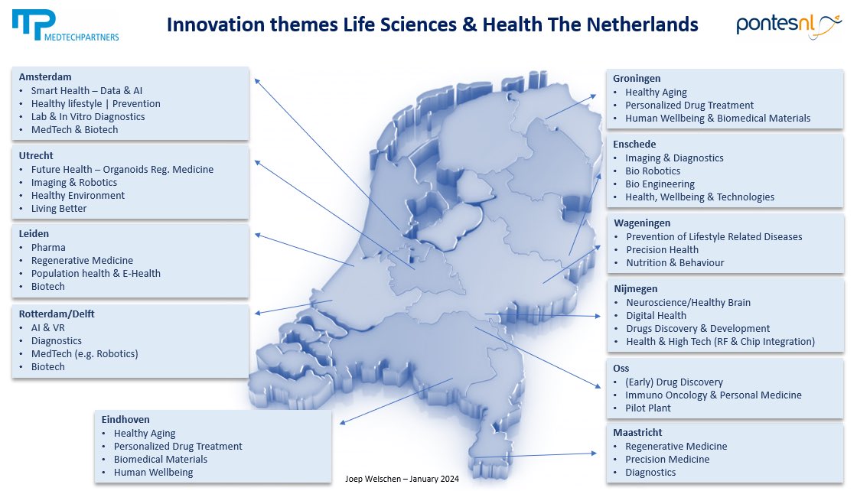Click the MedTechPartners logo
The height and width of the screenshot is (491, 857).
point(65,25)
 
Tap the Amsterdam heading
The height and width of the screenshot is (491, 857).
point(45,77)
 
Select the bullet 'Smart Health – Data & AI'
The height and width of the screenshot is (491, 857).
point(86,90)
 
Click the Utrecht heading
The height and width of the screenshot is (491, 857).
point(36,156)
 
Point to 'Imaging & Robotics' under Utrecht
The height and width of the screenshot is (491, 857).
point(74,182)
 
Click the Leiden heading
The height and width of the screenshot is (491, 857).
point(34,234)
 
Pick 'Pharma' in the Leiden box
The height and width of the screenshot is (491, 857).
point(48,247)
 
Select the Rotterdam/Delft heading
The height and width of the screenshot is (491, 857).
point(57,314)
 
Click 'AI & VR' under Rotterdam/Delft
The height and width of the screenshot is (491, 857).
point(48,327)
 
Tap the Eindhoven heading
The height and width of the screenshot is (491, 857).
point(125,420)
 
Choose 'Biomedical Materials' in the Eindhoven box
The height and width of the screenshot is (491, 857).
point(161,459)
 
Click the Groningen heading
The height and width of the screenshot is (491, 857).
point(637,79)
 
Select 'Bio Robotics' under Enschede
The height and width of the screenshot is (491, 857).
point(653,171)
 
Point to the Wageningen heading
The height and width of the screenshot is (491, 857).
point(642,223)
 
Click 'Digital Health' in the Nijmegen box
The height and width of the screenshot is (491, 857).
point(656,315)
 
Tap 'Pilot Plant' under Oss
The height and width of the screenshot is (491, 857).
point(648,408)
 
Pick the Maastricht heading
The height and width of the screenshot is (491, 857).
point(637,433)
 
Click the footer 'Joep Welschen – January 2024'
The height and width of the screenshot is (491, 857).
point(402,479)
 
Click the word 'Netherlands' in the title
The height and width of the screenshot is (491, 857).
point(643,25)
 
